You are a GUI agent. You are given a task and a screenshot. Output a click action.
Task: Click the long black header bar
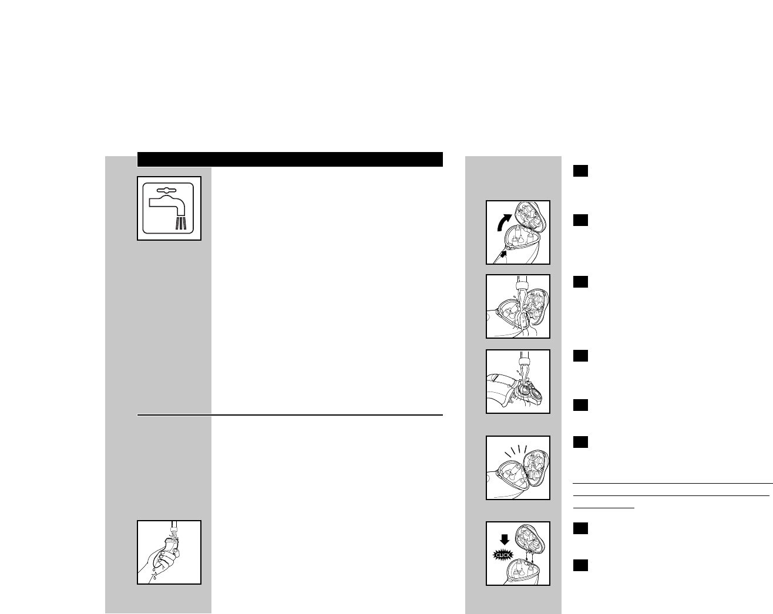(290, 159)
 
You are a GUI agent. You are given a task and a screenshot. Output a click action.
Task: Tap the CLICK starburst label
(503, 554)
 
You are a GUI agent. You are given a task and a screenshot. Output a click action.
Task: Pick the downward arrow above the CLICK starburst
(503, 539)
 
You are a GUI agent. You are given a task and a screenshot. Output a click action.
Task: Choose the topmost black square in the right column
(581, 171)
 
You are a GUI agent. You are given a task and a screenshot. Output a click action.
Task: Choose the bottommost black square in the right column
(581, 565)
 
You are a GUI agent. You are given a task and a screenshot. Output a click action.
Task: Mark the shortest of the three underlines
(603, 507)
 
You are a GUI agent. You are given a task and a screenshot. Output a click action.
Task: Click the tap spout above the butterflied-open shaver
(520, 287)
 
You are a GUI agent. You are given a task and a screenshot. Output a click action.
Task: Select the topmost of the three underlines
(673, 484)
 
